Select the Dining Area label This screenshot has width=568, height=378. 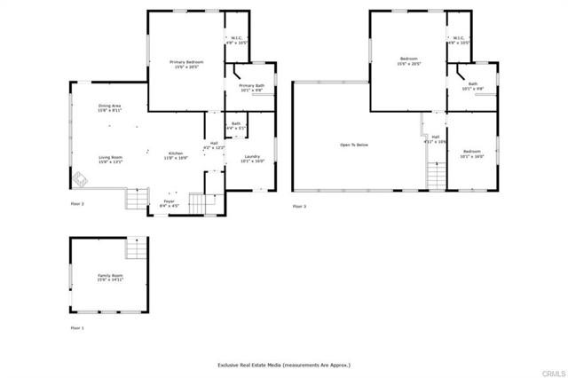pyautogui.click(x=110, y=108)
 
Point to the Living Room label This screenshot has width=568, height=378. pyautogui.click(x=111, y=160)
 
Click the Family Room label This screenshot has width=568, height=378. pyautogui.click(x=111, y=278)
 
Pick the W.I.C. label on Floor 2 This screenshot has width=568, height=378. pyautogui.click(x=237, y=40)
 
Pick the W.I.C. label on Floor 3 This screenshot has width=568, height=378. pyautogui.click(x=459, y=40)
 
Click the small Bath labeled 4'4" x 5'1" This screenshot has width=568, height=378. pyautogui.click(x=236, y=126)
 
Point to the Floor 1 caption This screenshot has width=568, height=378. pyautogui.click(x=77, y=328)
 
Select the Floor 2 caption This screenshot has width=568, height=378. pyautogui.click(x=77, y=204)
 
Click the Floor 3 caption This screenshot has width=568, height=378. pyautogui.click(x=299, y=206)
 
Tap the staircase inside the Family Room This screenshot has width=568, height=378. pyautogui.click(x=136, y=248)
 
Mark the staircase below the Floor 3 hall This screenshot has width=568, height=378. pyautogui.click(x=435, y=177)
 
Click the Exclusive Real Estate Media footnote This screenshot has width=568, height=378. pyautogui.click(x=284, y=365)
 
